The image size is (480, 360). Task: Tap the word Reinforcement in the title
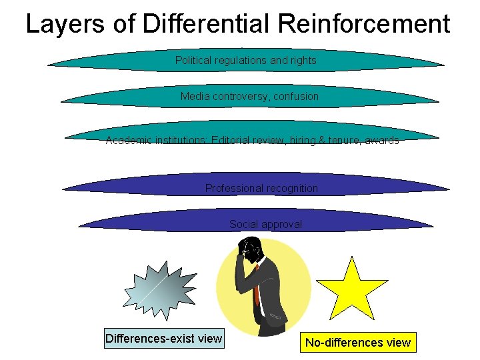pyautogui.click(x=364, y=25)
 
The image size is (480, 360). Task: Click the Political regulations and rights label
pyautogui.click(x=245, y=61)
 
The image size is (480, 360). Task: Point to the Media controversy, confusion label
pyautogui.click(x=249, y=97)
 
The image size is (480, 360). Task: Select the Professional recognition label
pyautogui.click(x=261, y=189)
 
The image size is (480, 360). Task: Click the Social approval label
pyautogui.click(x=265, y=225)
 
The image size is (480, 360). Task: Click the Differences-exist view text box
pyautogui.click(x=164, y=339)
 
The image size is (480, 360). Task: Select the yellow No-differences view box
pyautogui.click(x=358, y=343)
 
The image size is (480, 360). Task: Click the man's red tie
pyautogui.click(x=256, y=287)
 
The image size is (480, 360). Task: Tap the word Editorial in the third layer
pyautogui.click(x=233, y=141)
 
